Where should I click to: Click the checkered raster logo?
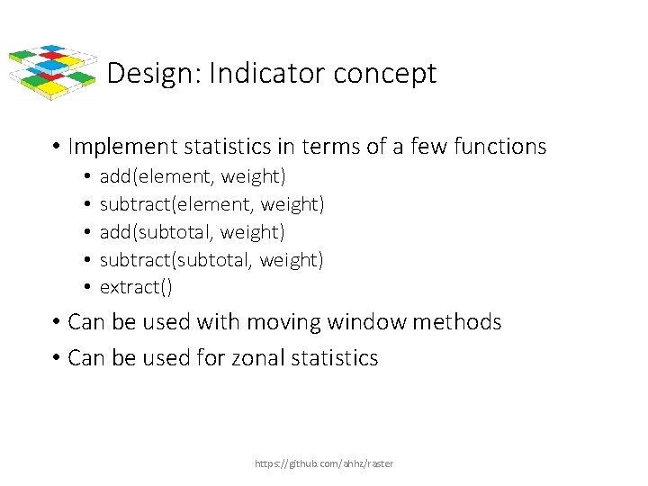[51, 70]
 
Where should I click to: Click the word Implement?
[122, 147]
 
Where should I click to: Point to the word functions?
[499, 147]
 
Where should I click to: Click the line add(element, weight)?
[193, 176]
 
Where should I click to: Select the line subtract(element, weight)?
[211, 204]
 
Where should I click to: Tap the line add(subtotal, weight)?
[193, 232]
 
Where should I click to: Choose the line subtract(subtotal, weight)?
[211, 260]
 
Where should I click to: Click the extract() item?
[136, 288]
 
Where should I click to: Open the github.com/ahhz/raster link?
[324, 463]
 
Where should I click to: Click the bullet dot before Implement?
[56, 147]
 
